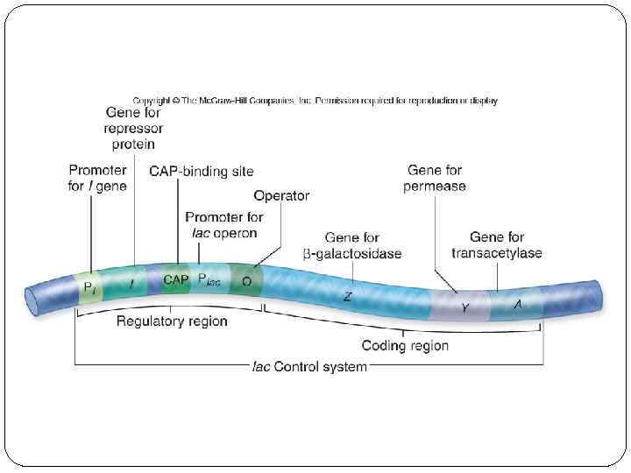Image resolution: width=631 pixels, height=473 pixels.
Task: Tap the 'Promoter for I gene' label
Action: click(x=97, y=178)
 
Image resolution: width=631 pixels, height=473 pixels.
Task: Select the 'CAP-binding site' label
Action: click(x=202, y=172)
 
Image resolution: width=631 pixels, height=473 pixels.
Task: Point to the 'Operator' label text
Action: click(x=281, y=195)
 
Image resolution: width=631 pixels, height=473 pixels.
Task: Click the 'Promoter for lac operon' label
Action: click(x=223, y=225)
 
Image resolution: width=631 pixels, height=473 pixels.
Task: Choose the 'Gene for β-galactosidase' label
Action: click(x=351, y=245)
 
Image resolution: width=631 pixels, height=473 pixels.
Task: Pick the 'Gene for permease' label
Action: click(x=436, y=178)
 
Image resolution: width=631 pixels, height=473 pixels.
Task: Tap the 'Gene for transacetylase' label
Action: click(x=497, y=245)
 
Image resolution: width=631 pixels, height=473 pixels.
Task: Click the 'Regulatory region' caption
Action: click(x=172, y=321)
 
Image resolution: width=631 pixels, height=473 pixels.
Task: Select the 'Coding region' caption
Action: click(x=405, y=345)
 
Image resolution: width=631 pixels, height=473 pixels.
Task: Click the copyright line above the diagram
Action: click(x=315, y=101)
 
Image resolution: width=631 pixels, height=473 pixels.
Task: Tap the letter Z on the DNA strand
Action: click(x=347, y=297)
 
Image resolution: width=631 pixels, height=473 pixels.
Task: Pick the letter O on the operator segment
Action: click(x=247, y=282)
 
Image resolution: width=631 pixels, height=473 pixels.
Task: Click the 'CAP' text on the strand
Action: click(x=176, y=279)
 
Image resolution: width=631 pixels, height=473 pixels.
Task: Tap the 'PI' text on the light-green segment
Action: click(x=90, y=286)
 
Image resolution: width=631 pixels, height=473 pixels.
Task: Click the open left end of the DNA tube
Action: click(x=33, y=300)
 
